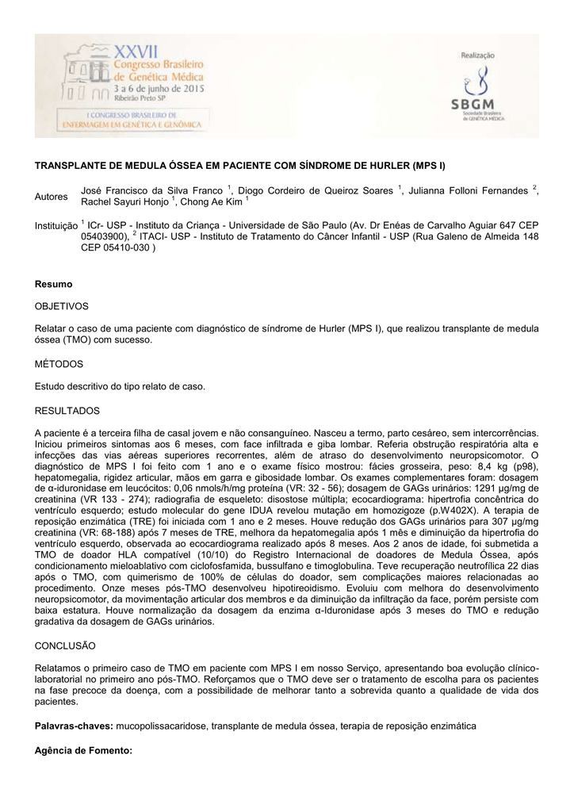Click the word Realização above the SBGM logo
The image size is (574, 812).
478,55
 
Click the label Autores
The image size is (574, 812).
52,195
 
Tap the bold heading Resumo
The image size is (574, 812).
54,284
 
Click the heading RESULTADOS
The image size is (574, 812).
67,411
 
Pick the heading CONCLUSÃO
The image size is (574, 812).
65,646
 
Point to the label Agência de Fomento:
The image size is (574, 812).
83,749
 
